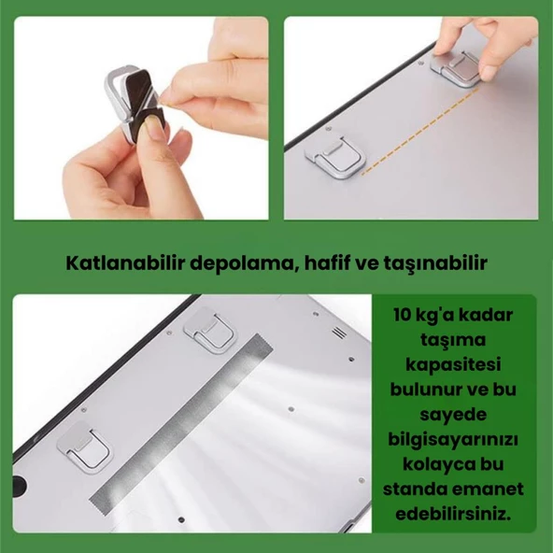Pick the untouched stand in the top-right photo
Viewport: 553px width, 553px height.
coord(335,154)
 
